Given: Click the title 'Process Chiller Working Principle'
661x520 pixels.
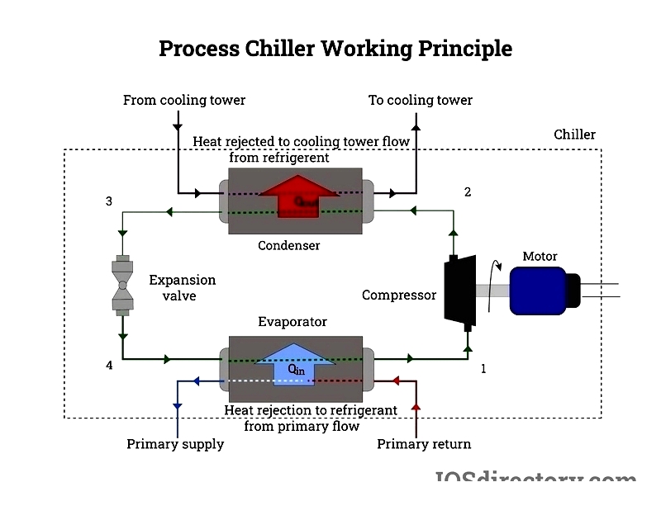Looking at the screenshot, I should (x=335, y=48).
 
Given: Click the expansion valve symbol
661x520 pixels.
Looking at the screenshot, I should (x=122, y=288).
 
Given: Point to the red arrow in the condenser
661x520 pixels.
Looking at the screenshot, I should (x=298, y=195).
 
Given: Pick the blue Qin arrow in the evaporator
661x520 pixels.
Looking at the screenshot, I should (x=296, y=363).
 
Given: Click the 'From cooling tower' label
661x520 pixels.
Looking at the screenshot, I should (x=184, y=101).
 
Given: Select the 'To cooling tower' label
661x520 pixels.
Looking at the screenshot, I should (x=420, y=101).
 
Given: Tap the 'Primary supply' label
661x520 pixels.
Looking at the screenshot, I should (x=175, y=444).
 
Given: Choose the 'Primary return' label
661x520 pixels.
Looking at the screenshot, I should (x=424, y=444).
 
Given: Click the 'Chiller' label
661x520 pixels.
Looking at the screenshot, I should (x=574, y=135).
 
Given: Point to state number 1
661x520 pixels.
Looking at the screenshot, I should (x=483, y=369).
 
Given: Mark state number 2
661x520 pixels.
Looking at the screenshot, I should (x=468, y=192).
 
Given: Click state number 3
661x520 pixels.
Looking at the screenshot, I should (x=109, y=201).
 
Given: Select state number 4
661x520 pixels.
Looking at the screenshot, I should (x=109, y=365).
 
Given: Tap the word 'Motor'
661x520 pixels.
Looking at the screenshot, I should (x=540, y=256).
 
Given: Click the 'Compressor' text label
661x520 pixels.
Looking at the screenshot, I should (x=399, y=295).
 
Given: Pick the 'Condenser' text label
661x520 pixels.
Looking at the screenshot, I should (x=288, y=245).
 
